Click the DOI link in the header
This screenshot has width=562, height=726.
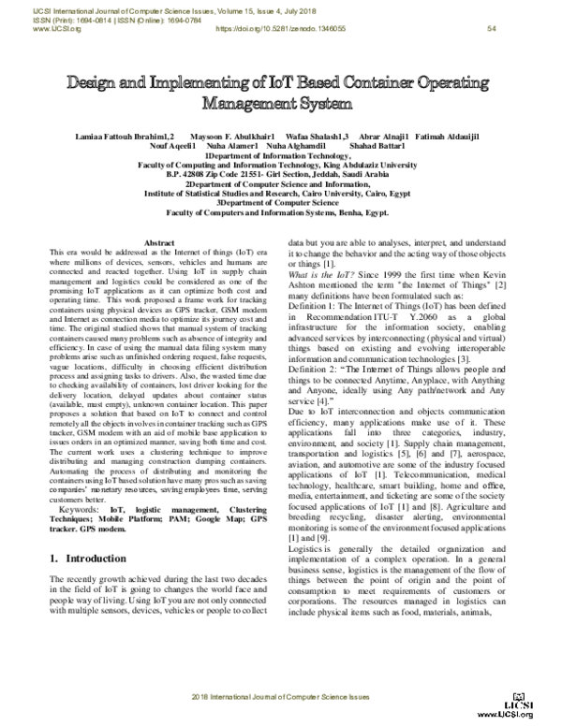pyautogui.click(x=278, y=29)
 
